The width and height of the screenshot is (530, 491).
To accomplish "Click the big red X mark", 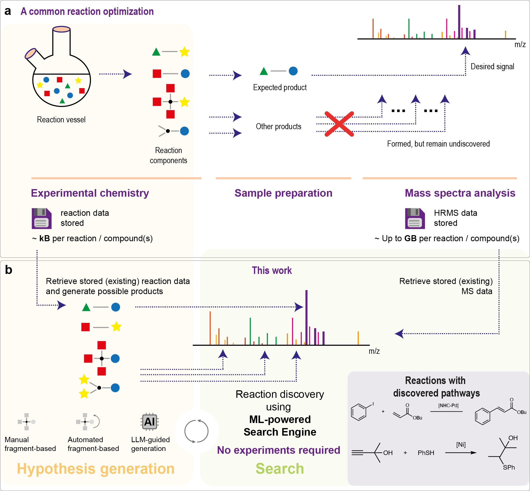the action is [339, 124].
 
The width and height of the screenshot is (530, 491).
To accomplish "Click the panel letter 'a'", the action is [8, 11].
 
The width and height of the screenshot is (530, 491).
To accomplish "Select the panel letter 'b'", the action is [9, 270].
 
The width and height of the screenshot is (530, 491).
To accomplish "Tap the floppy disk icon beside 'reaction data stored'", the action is [42, 218].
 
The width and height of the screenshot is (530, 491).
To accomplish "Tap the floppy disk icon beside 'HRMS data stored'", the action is [415, 218].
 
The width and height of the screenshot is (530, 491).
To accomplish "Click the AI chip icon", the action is [150, 422].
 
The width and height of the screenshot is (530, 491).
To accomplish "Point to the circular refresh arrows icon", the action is [196, 431].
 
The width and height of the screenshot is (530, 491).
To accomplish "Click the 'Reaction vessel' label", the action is [61, 120].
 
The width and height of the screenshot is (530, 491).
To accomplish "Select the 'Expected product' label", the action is [280, 87].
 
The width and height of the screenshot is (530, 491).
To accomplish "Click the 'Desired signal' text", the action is [492, 66].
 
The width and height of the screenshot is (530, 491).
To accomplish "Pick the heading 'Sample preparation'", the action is [283, 193].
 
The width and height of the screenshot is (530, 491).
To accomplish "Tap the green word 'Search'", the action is [280, 468].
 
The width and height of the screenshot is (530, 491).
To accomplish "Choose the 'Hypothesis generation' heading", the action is [96, 469].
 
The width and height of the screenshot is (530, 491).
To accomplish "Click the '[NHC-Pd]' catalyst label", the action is [448, 405].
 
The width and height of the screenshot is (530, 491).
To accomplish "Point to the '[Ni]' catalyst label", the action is [461, 444].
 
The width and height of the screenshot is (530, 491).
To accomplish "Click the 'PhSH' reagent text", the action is [426, 453].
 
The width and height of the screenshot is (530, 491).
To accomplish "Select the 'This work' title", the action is [272, 270].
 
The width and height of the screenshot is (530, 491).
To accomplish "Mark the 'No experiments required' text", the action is [279, 450].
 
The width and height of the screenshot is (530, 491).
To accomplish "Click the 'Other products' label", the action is [279, 126].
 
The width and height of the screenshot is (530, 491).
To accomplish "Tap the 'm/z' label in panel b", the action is [374, 351].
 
